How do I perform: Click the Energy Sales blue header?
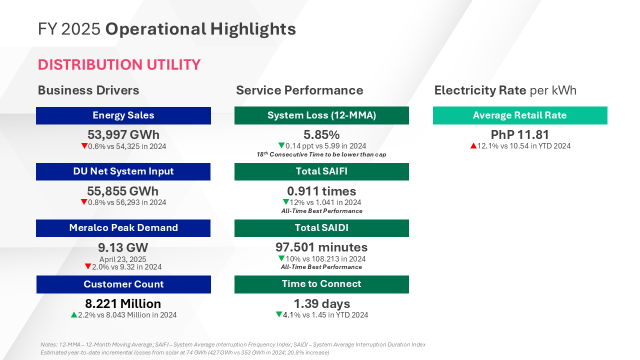coord(123,115)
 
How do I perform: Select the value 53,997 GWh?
coord(123,134)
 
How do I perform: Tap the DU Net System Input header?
coord(123,171)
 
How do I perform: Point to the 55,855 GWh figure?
coord(123,191)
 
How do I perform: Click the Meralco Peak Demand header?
coord(123,228)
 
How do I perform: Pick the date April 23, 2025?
coord(123,259)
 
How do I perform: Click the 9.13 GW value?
coord(123,247)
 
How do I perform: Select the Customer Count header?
coord(123,284)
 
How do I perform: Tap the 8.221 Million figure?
coord(123,304)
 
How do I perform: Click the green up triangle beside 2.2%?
coord(74,315)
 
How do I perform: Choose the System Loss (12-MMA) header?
coord(321,115)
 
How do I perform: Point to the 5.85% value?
coord(321,134)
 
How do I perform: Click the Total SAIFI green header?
coord(321,171)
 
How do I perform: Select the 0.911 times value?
coord(321,191)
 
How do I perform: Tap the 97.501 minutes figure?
coord(321,247)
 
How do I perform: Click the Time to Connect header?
coord(321,284)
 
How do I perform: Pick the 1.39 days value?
coord(321,303)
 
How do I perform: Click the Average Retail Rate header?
coord(520,115)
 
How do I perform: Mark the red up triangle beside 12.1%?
coord(472,146)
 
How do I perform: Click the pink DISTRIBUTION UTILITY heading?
coord(119,64)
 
